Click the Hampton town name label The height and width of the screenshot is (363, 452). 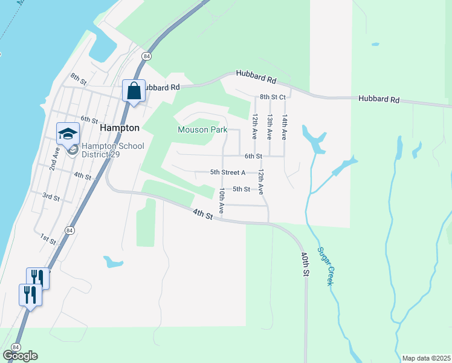click(119, 128)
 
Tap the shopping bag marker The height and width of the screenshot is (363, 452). click(134, 91)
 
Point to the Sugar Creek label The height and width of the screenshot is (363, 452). click(326, 266)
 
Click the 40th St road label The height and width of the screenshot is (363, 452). click(303, 264)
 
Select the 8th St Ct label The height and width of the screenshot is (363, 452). click(272, 97)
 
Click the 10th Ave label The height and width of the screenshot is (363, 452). click(222, 200)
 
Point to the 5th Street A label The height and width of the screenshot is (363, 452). click(228, 172)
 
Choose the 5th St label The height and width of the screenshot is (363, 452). click(241, 189)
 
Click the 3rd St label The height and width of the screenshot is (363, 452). click(51, 197)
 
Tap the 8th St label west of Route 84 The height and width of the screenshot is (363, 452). click(79, 78)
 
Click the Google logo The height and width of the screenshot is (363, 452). click(20, 356)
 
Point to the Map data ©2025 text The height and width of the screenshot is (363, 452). click(426, 358)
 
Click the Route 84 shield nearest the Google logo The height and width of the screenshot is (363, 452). click(15, 347)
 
